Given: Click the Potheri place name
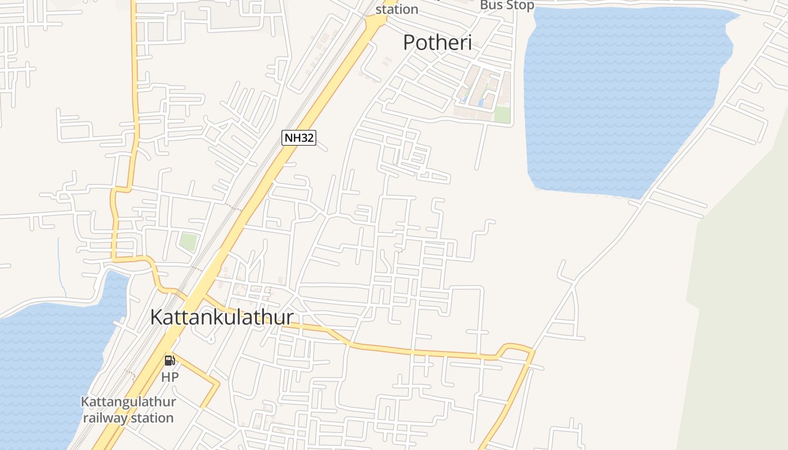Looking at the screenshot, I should pyautogui.click(x=437, y=42).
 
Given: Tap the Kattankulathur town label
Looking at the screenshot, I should pyautogui.click(x=221, y=317).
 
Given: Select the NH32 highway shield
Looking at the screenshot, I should pyautogui.click(x=298, y=137).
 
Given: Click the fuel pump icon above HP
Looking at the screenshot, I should pyautogui.click(x=169, y=361).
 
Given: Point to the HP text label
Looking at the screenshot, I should pyautogui.click(x=169, y=377).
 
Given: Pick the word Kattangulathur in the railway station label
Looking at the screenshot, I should pyautogui.click(x=128, y=402).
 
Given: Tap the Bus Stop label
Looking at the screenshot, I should pyautogui.click(x=507, y=5).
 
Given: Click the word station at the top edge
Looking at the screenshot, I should pyautogui.click(x=397, y=9).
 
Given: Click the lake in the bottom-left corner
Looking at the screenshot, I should pyautogui.click(x=45, y=366).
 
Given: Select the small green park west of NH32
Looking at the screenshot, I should pyautogui.click(x=189, y=242).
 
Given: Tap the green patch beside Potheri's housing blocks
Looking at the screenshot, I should pyautogui.click(x=502, y=114).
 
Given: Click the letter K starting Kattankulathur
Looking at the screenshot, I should pyautogui.click(x=156, y=317).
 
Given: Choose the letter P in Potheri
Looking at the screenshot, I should pyautogui.click(x=410, y=42).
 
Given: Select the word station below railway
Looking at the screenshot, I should pyautogui.click(x=150, y=418).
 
